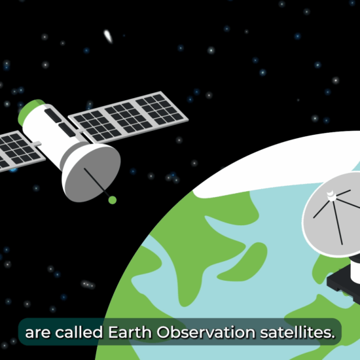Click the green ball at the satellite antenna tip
point(113,200)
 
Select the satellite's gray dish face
point(92,171)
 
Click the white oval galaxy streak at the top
point(108,36)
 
